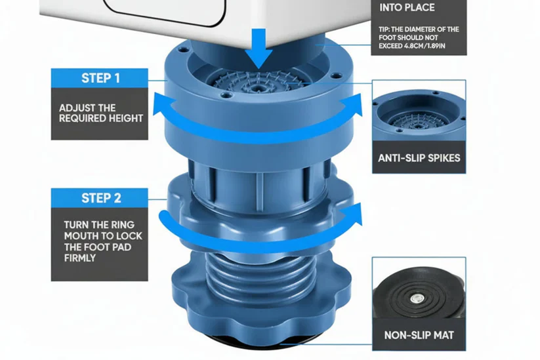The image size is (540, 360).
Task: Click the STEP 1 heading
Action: point(100,78)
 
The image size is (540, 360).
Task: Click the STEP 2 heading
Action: point(101,198)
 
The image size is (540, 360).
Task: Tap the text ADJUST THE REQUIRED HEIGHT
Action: point(100,113)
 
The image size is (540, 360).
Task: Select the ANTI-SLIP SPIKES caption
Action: point(419,158)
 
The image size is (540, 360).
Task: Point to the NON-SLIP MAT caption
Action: point(419,335)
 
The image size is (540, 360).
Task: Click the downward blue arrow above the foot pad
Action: point(258,49)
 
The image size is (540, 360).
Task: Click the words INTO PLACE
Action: point(407,7)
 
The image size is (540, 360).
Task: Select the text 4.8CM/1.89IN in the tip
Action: point(428,46)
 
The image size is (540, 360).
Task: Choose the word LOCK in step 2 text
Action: point(129,236)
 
